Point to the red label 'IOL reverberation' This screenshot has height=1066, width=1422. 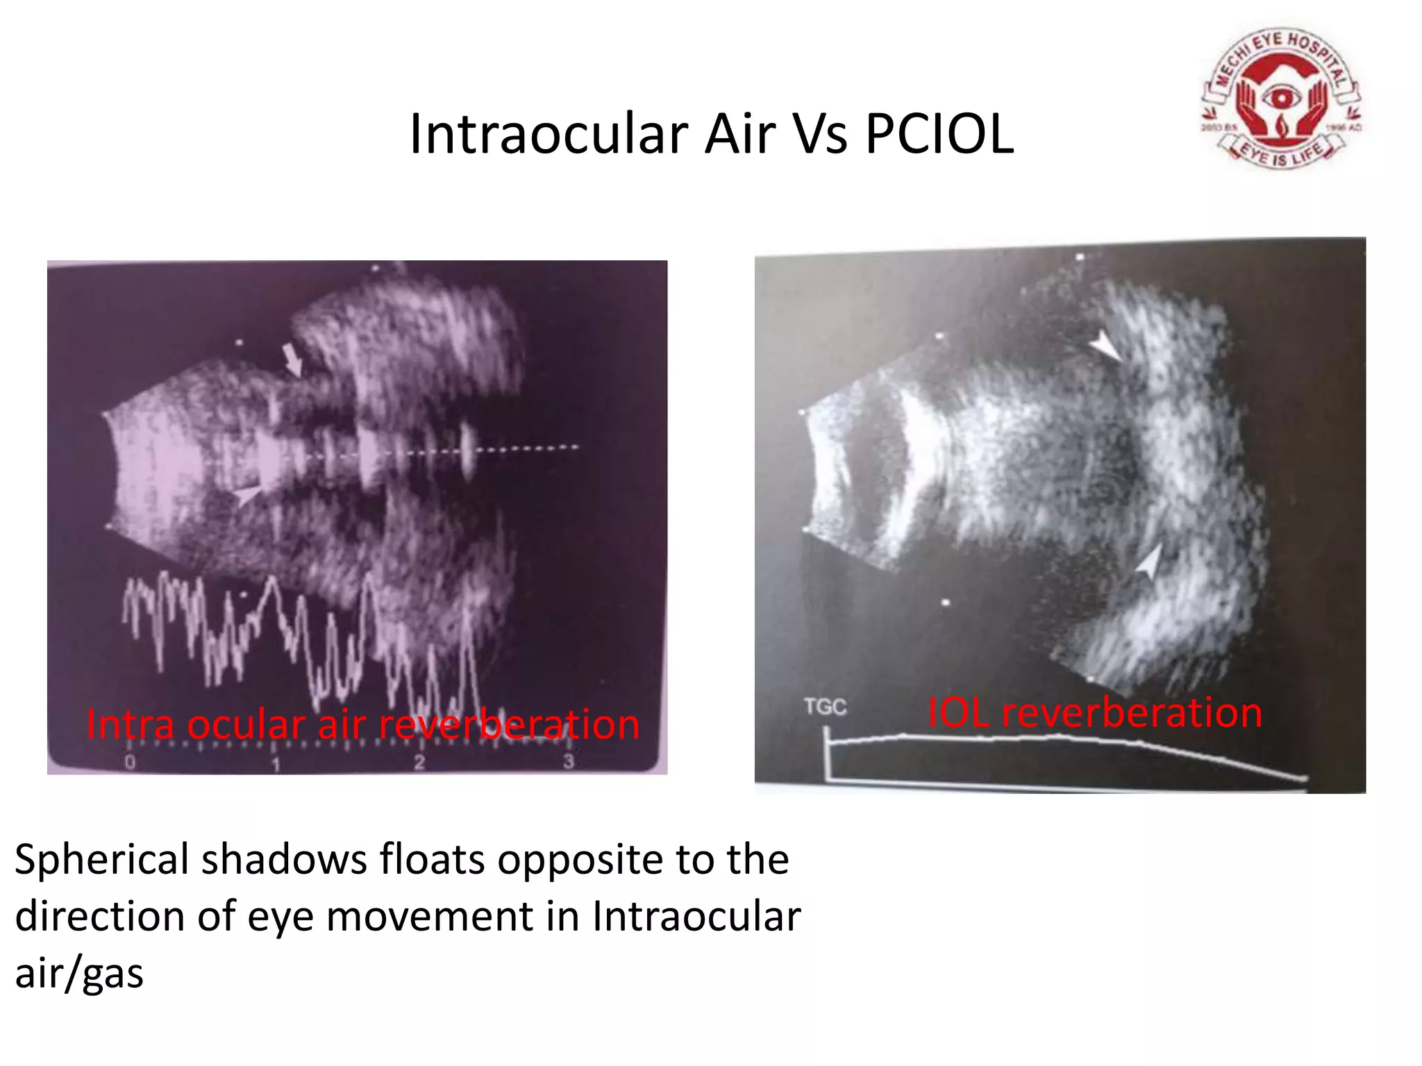[1095, 713]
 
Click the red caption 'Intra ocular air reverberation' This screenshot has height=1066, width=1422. [362, 725]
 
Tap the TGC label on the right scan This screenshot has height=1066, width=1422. [825, 707]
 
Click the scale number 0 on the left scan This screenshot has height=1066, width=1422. [130, 763]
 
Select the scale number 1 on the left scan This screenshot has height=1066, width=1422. [276, 764]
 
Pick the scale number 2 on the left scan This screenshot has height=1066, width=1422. [419, 763]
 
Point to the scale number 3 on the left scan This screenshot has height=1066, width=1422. [568, 761]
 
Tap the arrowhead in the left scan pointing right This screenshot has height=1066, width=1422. [249, 494]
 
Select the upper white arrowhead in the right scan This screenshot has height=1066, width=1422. [1105, 346]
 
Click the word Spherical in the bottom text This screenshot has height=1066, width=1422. [101, 861]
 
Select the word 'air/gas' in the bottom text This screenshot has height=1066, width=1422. [79, 973]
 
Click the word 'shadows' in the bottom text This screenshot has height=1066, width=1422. [283, 861]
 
